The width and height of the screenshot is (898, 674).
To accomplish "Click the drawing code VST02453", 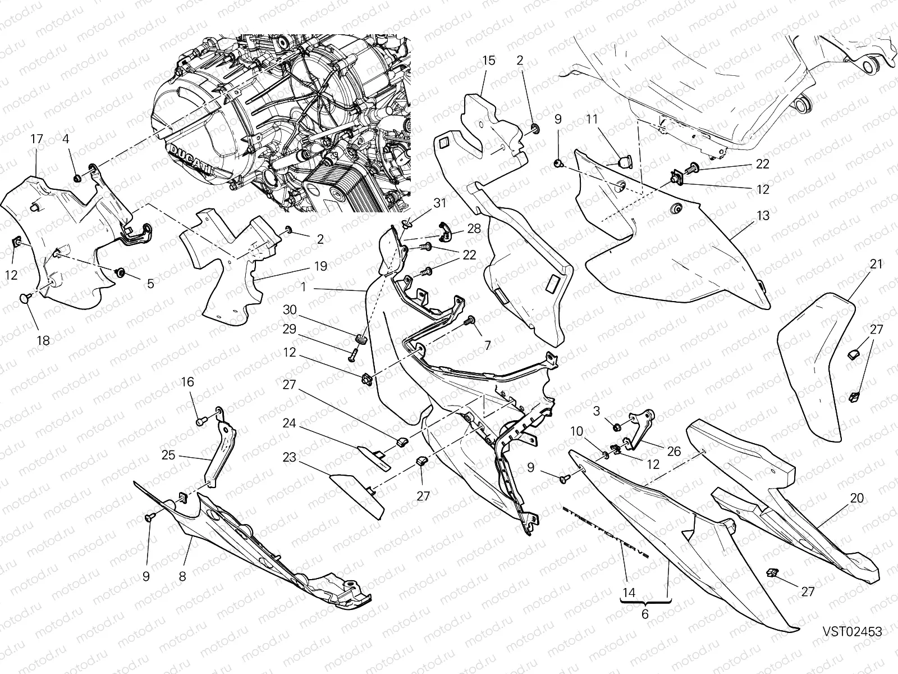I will click(853, 632).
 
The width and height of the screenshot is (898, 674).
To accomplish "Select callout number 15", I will click(488, 60).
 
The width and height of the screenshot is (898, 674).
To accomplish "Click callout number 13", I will click(763, 216).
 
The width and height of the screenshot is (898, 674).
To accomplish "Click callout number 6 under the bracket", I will click(645, 614).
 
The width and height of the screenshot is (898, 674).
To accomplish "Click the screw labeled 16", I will click(200, 420).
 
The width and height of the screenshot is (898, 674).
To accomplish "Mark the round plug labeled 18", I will click(26, 298).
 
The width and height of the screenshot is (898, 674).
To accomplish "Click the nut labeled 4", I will click(76, 179).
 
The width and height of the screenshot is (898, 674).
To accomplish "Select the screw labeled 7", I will click(469, 321).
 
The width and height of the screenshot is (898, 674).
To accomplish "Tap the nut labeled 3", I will click(616, 426).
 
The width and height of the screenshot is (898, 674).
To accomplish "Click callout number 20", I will click(856, 498).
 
